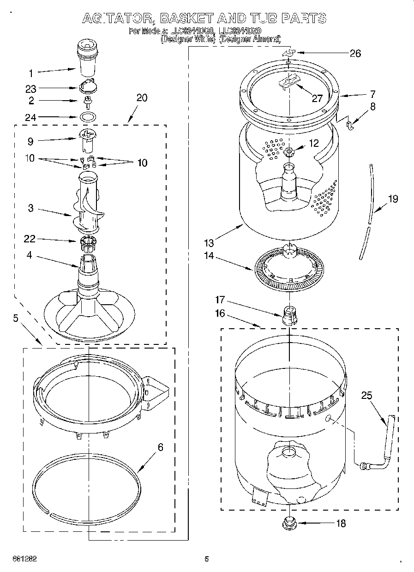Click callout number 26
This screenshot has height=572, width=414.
click(354, 54)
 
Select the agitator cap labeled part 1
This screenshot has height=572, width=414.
click(86, 57)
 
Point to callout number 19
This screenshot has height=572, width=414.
click(393, 199)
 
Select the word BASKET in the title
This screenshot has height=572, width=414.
click(186, 18)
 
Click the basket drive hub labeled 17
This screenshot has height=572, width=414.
click(288, 315)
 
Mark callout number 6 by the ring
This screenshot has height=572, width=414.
click(160, 447)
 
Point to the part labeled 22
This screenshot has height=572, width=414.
click(87, 240)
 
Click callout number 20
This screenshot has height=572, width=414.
click(142, 98)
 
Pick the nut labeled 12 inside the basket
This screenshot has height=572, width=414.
click(289, 152)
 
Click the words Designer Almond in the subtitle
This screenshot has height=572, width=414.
click(249, 40)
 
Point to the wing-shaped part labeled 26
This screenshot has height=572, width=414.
click(288, 54)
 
